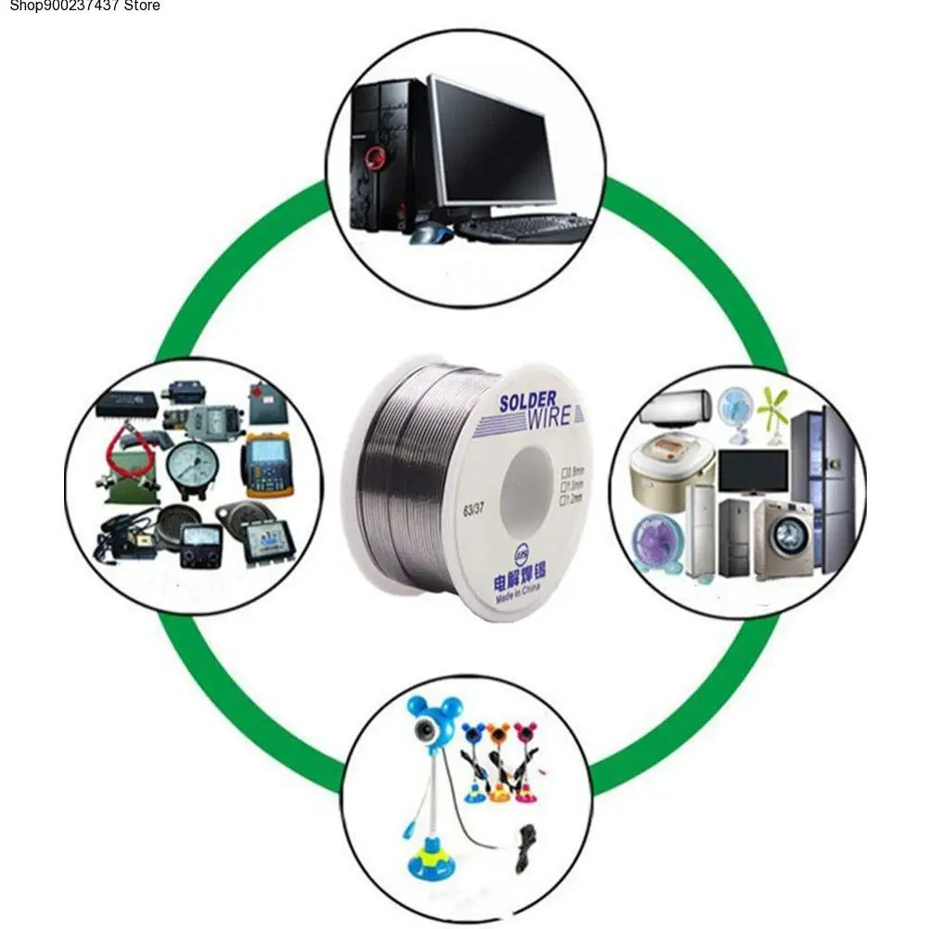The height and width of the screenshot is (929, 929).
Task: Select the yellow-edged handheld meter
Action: pos(268,465)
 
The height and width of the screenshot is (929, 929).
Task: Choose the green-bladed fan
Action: pos(772,409)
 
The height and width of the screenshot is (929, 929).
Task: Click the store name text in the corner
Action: pos(81,6)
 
